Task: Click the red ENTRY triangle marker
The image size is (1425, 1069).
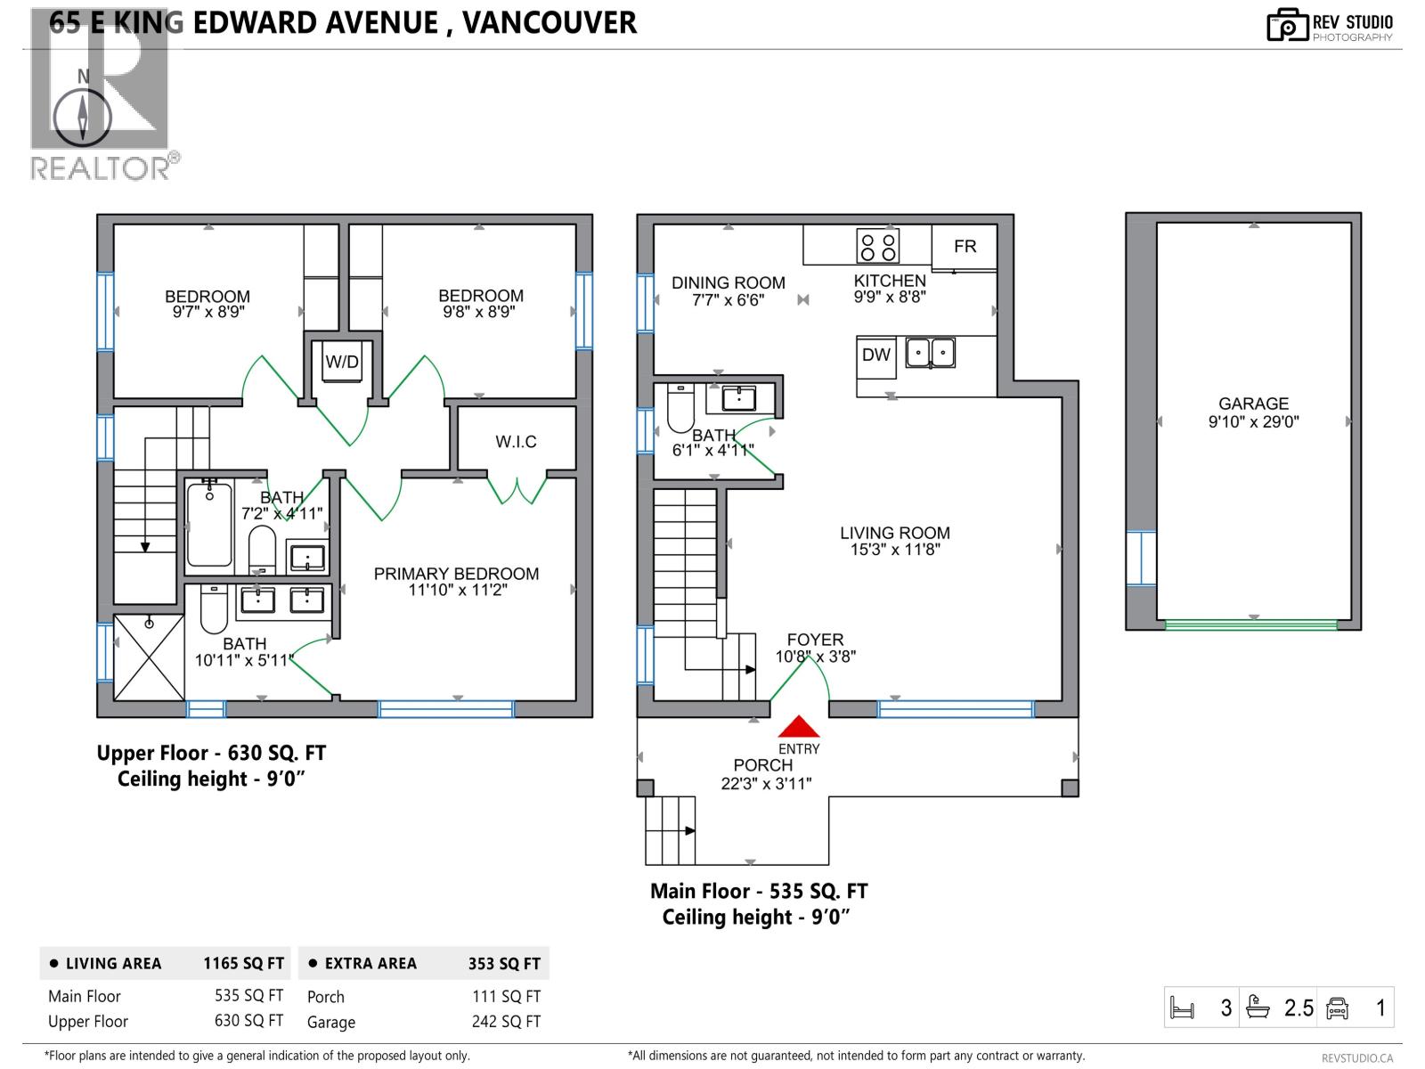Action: pyautogui.click(x=800, y=727)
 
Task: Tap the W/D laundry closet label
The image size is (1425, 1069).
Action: pyautogui.click(x=342, y=363)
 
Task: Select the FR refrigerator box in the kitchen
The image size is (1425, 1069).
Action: pyautogui.click(x=965, y=246)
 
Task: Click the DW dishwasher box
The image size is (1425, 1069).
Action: pyautogui.click(x=876, y=355)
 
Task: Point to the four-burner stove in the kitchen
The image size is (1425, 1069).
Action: pyautogui.click(x=878, y=246)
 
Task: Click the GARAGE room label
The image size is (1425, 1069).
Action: pyautogui.click(x=1253, y=404)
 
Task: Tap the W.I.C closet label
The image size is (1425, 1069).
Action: pyautogui.click(x=516, y=442)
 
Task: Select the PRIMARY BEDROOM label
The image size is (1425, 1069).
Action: pyautogui.click(x=456, y=575)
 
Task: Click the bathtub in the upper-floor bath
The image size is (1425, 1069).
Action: pyautogui.click(x=209, y=524)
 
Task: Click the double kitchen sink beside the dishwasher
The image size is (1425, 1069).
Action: pyautogui.click(x=931, y=354)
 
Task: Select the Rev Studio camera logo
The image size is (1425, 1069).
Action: pyautogui.click(x=1287, y=25)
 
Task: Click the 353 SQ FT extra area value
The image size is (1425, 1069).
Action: pyautogui.click(x=504, y=964)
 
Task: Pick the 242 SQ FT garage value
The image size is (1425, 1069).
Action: pyautogui.click(x=506, y=1022)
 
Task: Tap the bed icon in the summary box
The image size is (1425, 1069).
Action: pyautogui.click(x=1182, y=1008)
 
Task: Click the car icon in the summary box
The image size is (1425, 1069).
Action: pyautogui.click(x=1337, y=1008)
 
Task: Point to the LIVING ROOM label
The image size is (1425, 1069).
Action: pyautogui.click(x=895, y=533)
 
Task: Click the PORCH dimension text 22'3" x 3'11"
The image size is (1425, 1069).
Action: pyautogui.click(x=766, y=784)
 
